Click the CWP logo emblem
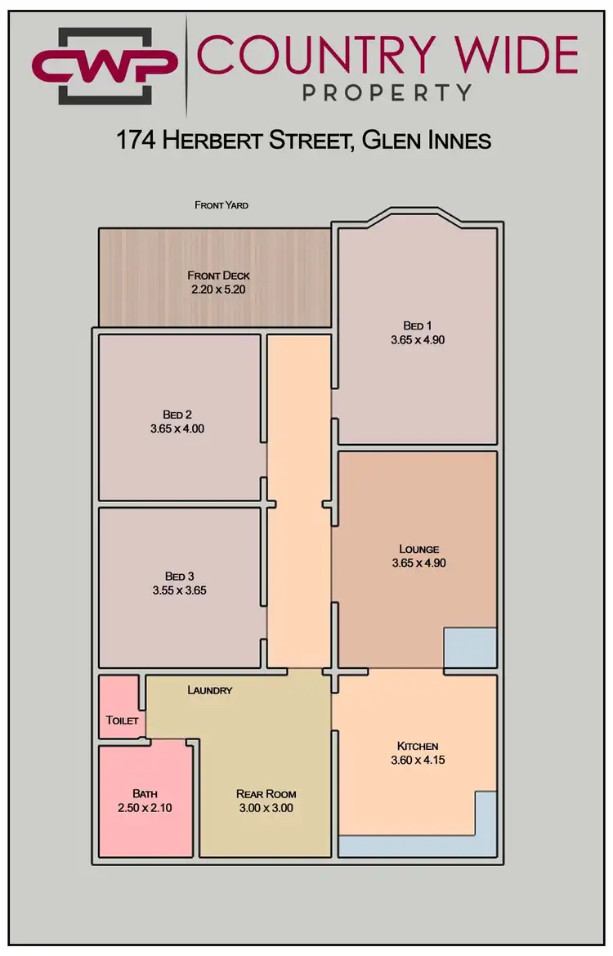click(x=104, y=65)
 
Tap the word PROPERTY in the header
click(x=387, y=92)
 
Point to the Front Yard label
click(x=221, y=204)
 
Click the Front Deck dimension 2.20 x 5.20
click(x=218, y=289)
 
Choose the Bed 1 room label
click(x=418, y=325)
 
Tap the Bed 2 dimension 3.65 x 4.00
click(x=177, y=428)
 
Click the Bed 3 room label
click(x=180, y=575)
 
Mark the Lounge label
click(x=418, y=549)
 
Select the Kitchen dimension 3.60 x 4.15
click(x=418, y=760)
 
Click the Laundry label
click(x=210, y=690)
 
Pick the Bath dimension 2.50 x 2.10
click(x=144, y=808)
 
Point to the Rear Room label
click(x=266, y=793)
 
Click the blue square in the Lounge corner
click(x=470, y=647)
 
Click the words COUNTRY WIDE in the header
click(x=387, y=54)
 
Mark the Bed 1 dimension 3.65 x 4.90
click(x=418, y=339)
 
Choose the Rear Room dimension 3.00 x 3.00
click(x=266, y=808)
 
